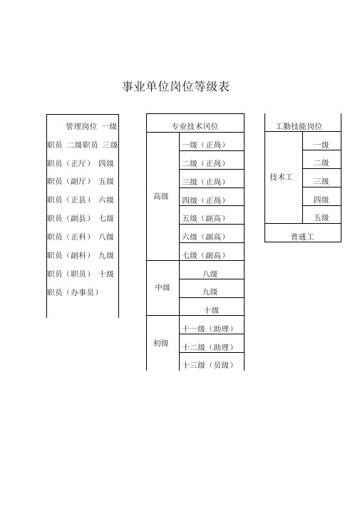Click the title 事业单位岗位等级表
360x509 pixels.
tap(176, 86)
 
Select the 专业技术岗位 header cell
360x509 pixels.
tap(195, 123)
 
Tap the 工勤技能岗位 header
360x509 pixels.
tap(303, 123)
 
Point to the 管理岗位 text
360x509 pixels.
tap(81, 126)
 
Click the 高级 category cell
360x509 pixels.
tap(163, 196)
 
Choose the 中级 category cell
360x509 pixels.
tap(163, 288)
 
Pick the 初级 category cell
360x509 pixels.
tap(163, 343)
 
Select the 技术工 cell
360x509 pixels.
tap(284, 178)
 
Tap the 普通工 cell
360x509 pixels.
tap(303, 232)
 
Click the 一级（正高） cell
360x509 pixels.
tap(212, 142)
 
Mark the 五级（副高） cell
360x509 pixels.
tap(212, 215)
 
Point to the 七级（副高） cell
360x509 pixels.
tap(212, 252)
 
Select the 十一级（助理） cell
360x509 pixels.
tap(212, 325)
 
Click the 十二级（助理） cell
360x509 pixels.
tap(212, 344)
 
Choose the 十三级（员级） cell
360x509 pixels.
tap(212, 361)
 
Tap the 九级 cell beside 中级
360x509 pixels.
tap(212, 289)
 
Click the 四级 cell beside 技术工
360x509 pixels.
tap(322, 197)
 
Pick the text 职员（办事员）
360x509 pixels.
tap(73, 292)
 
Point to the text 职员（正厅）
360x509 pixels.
tap(69, 163)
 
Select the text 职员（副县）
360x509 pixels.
tap(69, 218)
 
